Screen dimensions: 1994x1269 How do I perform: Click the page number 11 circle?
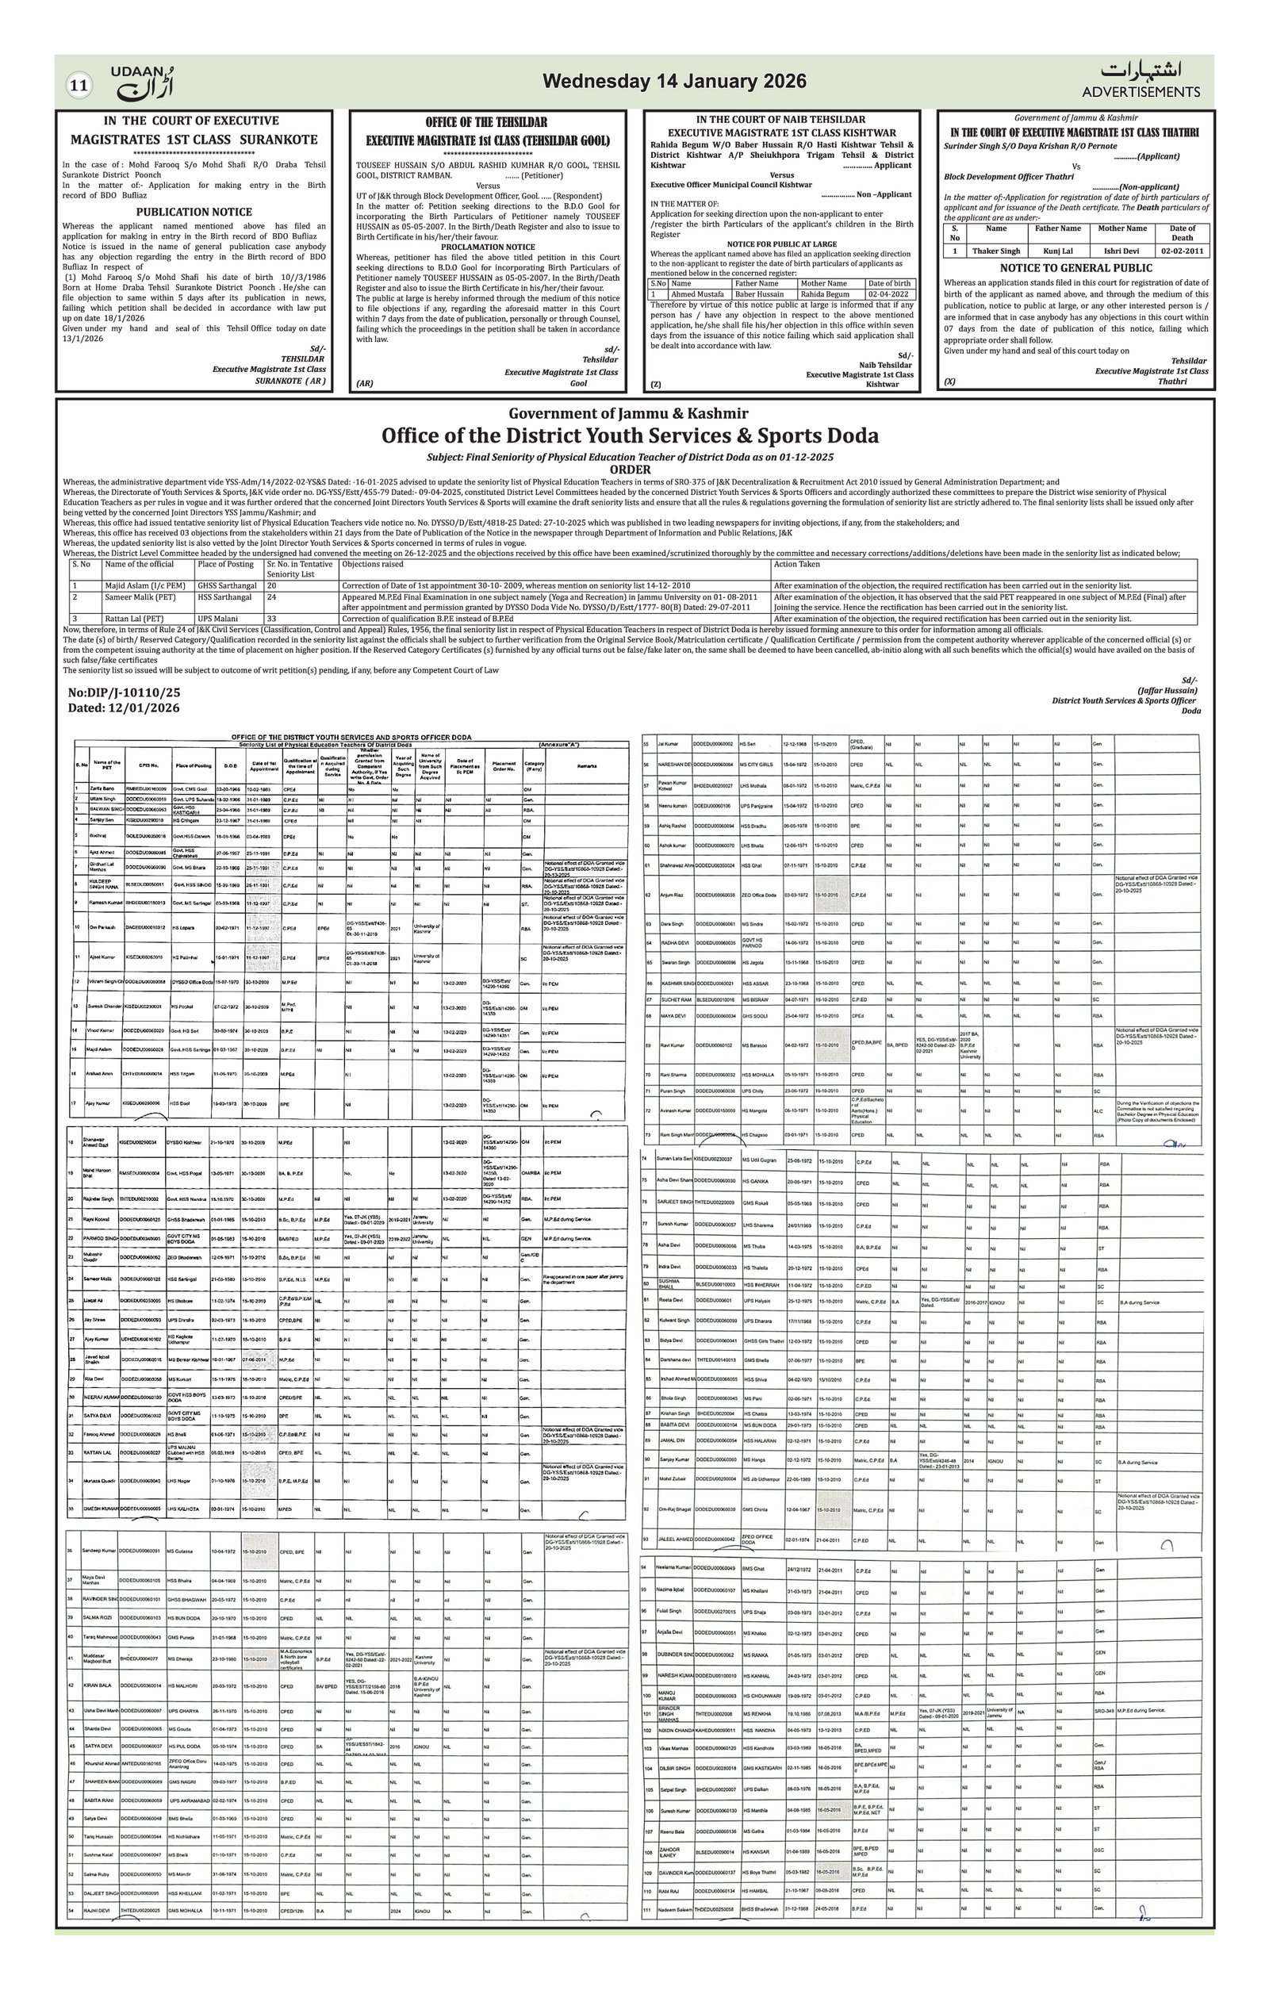(x=79, y=86)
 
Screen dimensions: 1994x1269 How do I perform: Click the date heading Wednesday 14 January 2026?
(x=674, y=81)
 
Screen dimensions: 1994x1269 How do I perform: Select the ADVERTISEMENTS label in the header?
(x=1141, y=92)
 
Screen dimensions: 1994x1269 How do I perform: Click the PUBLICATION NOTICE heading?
(x=194, y=212)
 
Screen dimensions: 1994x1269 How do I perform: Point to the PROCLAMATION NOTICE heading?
(x=488, y=247)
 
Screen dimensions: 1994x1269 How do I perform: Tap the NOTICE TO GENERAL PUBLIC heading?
(x=1075, y=268)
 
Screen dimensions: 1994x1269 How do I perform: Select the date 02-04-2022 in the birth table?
(x=888, y=294)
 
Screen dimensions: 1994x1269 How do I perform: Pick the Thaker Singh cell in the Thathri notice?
(x=996, y=251)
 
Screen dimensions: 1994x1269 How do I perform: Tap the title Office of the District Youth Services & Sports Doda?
(x=630, y=435)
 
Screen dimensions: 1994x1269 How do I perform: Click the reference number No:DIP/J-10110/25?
(x=125, y=693)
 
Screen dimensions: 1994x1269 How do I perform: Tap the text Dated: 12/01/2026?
(x=125, y=708)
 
